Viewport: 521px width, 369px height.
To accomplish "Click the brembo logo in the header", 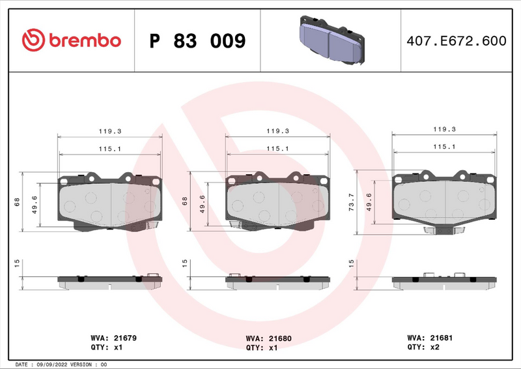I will click(71, 40).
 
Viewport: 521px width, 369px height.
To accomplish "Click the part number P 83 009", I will click(197, 41).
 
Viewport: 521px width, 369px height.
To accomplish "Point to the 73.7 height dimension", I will click(352, 201).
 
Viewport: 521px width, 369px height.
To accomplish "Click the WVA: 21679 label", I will click(113, 338).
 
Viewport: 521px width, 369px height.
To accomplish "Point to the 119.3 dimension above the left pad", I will click(110, 131).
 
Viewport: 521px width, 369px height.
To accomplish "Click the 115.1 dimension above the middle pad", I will click(277, 149).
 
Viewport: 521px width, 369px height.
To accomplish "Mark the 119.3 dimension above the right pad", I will click(444, 129).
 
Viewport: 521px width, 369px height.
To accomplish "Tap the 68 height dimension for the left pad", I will click(18, 202).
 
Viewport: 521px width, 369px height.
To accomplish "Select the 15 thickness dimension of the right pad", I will click(352, 263).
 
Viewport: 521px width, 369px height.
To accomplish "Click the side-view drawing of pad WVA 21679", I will click(109, 281).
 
